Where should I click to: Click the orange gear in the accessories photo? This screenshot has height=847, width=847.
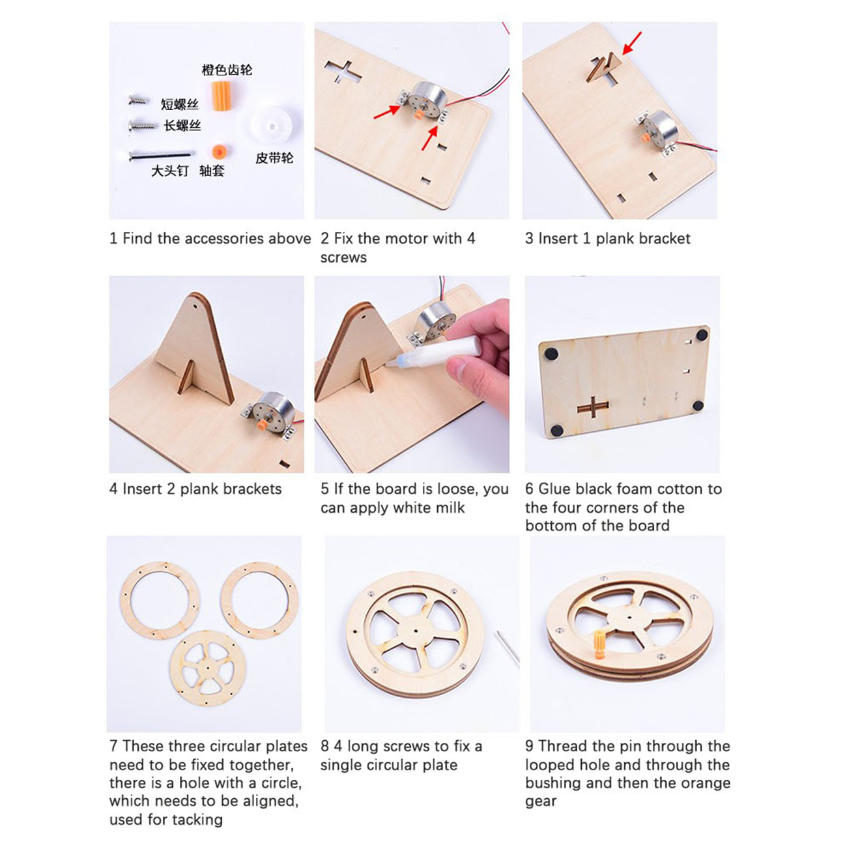(x=222, y=96)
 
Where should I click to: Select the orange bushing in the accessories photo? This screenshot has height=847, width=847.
(x=220, y=152)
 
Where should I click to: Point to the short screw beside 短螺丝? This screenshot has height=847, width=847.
(x=139, y=100)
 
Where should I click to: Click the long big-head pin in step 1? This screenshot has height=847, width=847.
(x=162, y=154)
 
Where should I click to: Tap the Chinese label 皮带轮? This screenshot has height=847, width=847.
(x=274, y=158)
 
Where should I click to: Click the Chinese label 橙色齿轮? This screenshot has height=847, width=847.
(x=227, y=70)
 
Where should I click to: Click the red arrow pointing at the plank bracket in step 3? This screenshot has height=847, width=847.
(x=631, y=43)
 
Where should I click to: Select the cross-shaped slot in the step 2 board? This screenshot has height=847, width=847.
(x=343, y=72)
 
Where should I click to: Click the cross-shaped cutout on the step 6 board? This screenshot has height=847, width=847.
(x=593, y=406)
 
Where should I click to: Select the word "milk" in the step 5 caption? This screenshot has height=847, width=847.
(x=449, y=508)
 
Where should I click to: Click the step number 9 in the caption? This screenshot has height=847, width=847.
(x=529, y=747)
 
